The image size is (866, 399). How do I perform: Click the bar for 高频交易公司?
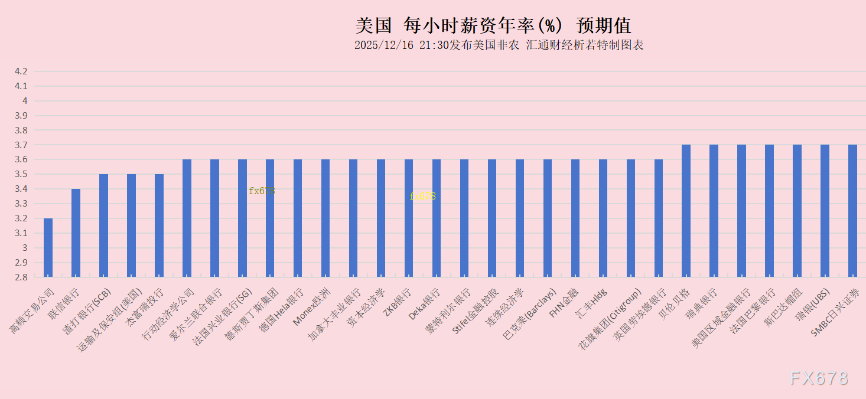click(48, 247)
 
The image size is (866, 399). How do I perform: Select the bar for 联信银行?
click(76, 233)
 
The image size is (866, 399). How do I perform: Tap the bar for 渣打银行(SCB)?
click(103, 225)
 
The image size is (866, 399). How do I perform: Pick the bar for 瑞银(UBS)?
click(825, 211)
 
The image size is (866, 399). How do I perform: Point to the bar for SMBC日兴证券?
click(852, 211)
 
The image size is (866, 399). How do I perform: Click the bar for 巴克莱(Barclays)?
click(547, 218)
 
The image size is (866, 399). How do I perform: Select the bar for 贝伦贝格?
click(686, 211)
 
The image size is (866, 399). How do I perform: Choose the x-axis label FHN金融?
click(564, 303)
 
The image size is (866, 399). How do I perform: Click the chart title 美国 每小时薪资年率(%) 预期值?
click(493, 25)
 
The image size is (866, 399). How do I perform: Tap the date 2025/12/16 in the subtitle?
click(383, 45)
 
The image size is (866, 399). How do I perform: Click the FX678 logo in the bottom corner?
click(819, 378)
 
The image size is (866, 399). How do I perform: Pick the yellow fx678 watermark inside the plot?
click(422, 196)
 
